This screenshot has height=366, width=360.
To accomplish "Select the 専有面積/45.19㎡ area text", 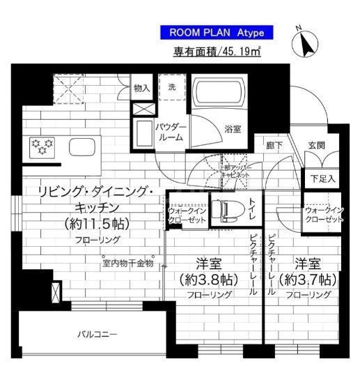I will coord(216,52).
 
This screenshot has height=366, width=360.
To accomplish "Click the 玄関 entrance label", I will coord(317,146).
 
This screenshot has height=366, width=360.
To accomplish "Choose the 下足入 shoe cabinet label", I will coord(322,178).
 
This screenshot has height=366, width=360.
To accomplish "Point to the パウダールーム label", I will coord(169,132).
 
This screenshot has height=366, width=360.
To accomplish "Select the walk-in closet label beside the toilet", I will coord(185,213).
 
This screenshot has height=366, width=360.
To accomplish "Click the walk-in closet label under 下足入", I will coord(324,214).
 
